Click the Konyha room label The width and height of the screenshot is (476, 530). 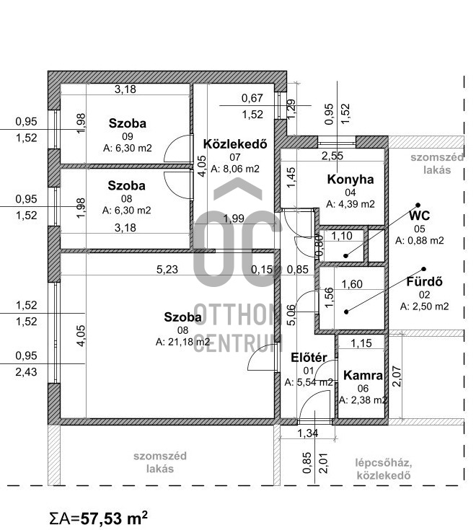click(x=351, y=180)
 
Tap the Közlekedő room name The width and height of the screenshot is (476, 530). click(x=236, y=143)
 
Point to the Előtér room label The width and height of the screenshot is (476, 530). click(x=309, y=357)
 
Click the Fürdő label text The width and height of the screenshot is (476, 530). click(x=424, y=281)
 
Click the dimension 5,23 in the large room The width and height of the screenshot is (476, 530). click(x=170, y=270)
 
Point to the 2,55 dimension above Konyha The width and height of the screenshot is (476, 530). click(x=332, y=156)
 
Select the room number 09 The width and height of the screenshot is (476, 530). click(x=127, y=136)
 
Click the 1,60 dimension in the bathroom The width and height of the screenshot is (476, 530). click(x=351, y=285)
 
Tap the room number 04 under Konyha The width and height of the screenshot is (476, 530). click(x=351, y=193)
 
